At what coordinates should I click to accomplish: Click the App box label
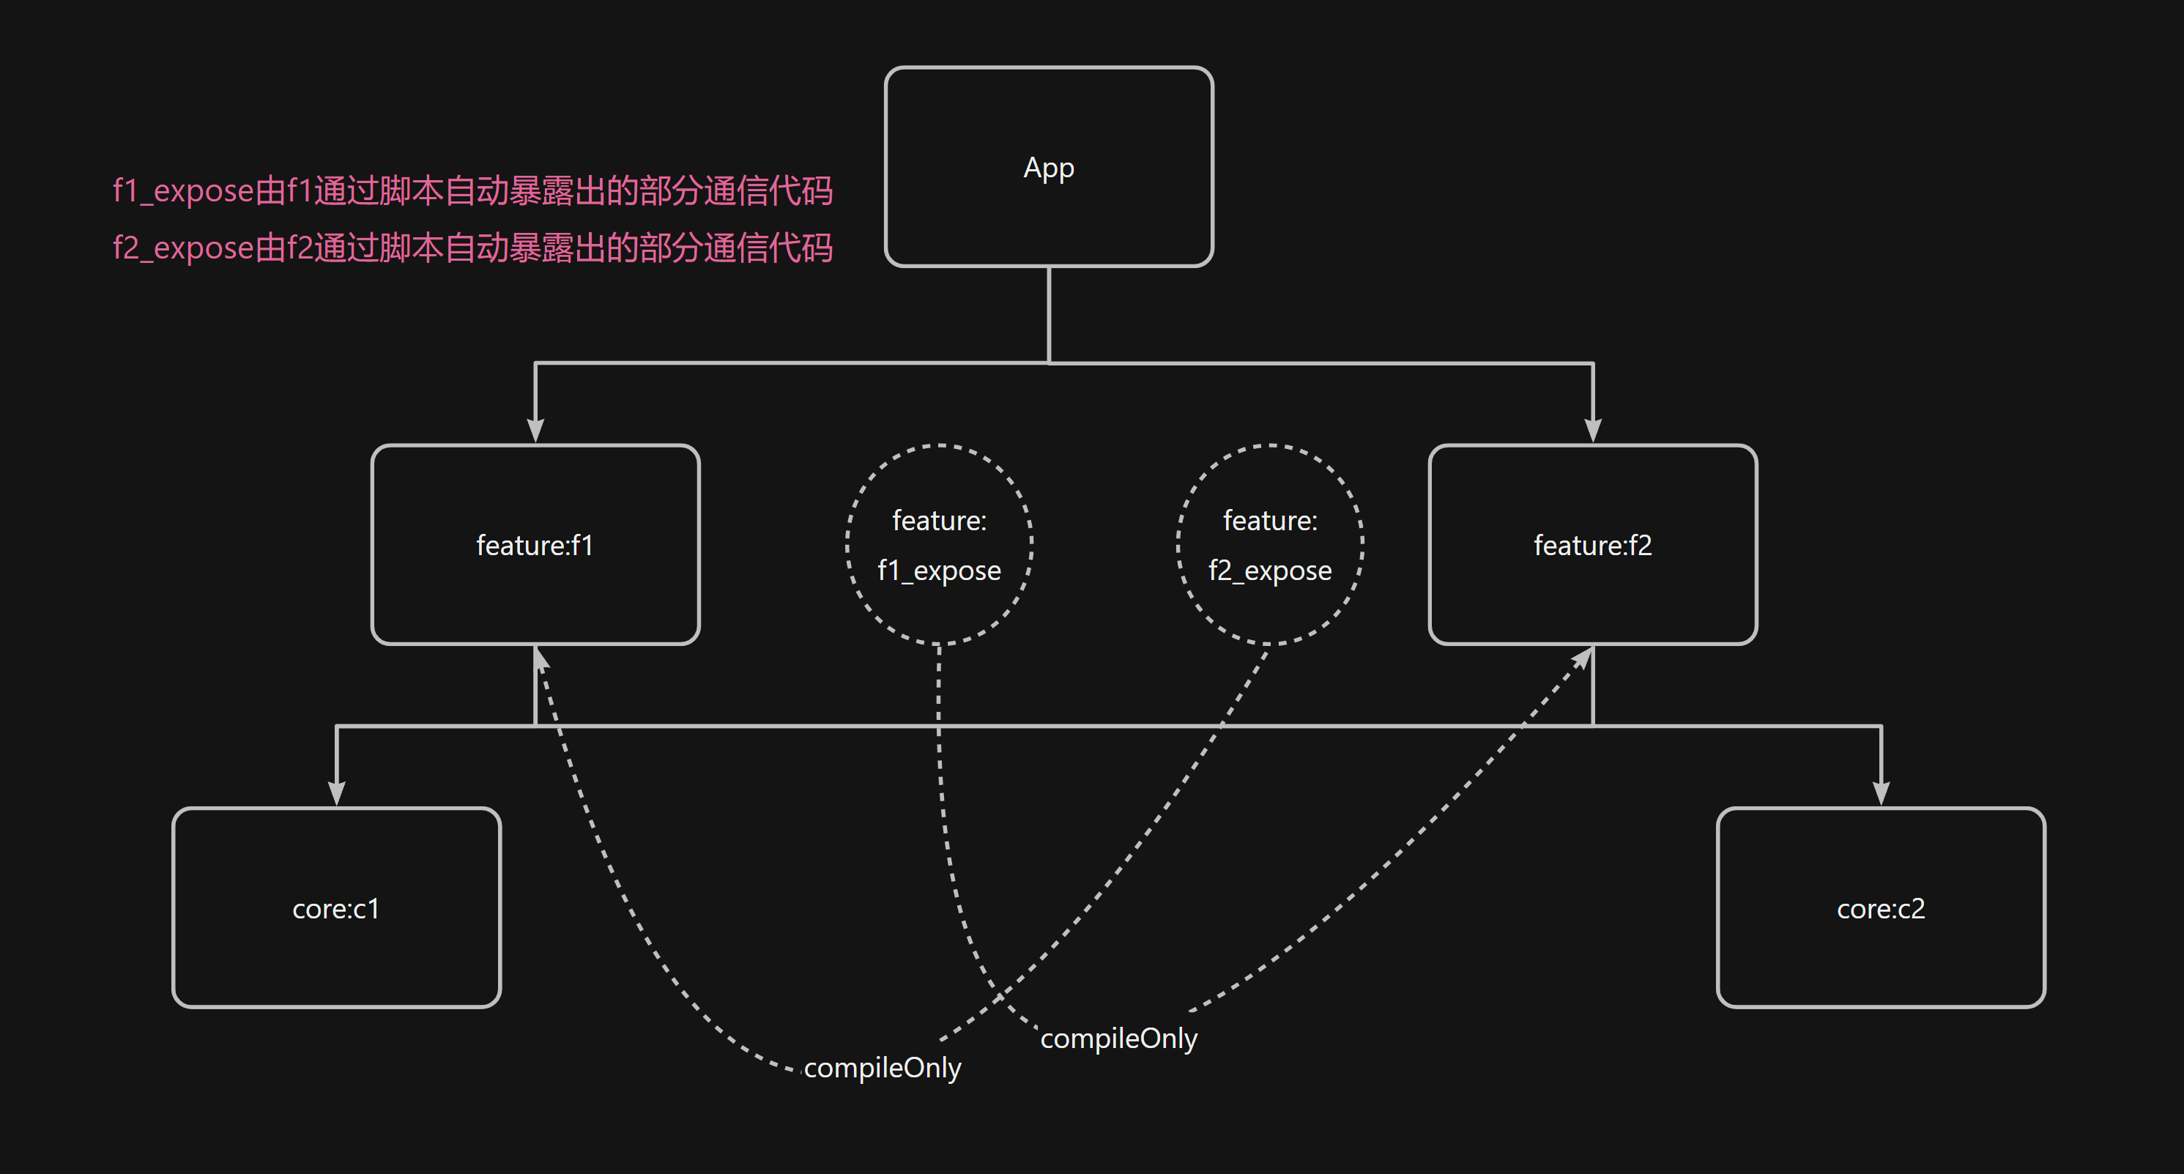coord(1049,168)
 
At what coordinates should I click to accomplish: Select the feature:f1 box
coord(535,544)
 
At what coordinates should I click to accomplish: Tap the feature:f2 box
coord(1592,544)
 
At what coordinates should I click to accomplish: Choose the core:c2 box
coord(1881,908)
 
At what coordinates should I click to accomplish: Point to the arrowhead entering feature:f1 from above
coord(535,430)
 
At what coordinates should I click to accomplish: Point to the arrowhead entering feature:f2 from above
coord(1592,430)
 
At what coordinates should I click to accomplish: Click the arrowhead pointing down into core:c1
coord(337,792)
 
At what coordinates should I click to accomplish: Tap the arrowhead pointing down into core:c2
coord(1881,792)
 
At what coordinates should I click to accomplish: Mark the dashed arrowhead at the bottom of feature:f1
coord(540,658)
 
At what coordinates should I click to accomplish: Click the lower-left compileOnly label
coord(882,1067)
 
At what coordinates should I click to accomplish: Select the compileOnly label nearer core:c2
coord(1118,1038)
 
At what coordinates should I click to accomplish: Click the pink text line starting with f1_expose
coord(472,190)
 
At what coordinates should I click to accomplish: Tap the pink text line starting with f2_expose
coord(472,248)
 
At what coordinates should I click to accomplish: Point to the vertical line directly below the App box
coord(1049,313)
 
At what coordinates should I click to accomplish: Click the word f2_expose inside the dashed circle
coord(1269,571)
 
